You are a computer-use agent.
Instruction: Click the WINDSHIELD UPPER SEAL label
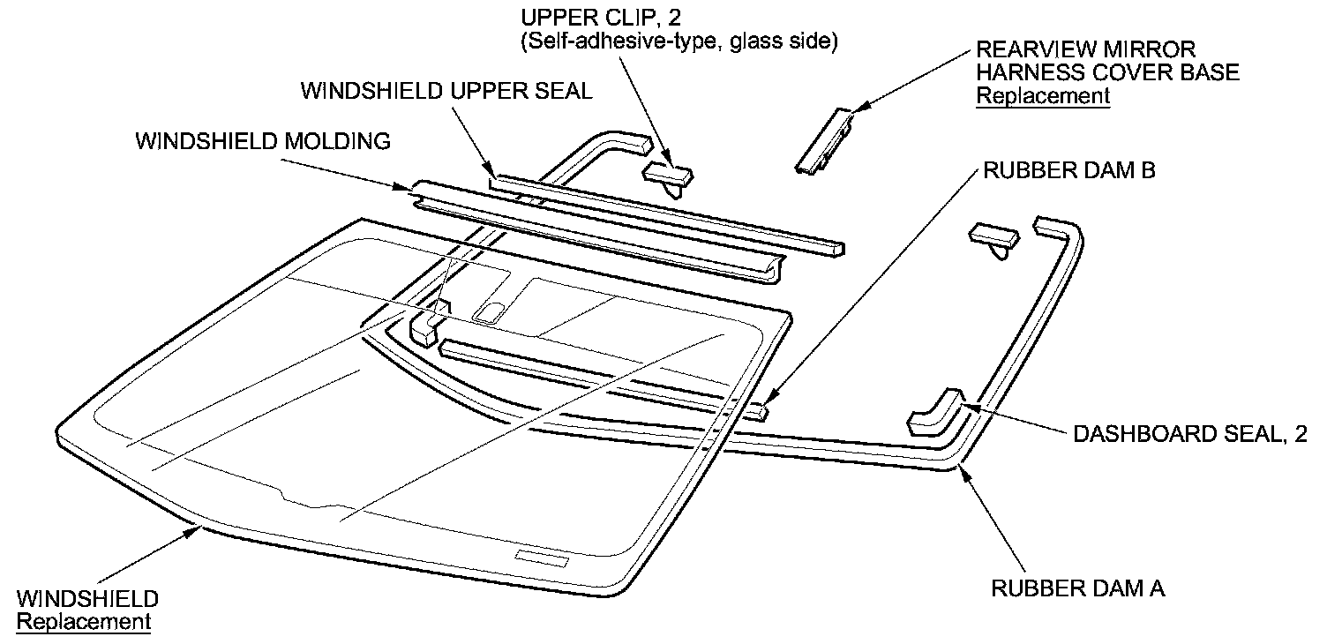coord(446,93)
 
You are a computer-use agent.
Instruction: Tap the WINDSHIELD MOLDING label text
coord(262,142)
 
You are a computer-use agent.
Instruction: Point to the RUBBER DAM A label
coord(1078,588)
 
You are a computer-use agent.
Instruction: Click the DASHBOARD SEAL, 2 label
coord(1189,434)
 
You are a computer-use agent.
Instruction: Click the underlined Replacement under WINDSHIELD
coord(84,622)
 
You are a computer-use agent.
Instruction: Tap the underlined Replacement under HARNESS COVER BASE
coord(1042,95)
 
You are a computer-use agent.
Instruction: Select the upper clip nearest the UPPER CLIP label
coord(669,175)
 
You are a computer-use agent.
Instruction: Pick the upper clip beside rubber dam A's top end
coord(993,236)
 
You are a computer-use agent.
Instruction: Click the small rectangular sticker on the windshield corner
coord(542,558)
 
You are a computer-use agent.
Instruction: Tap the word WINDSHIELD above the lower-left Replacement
coord(87,599)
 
